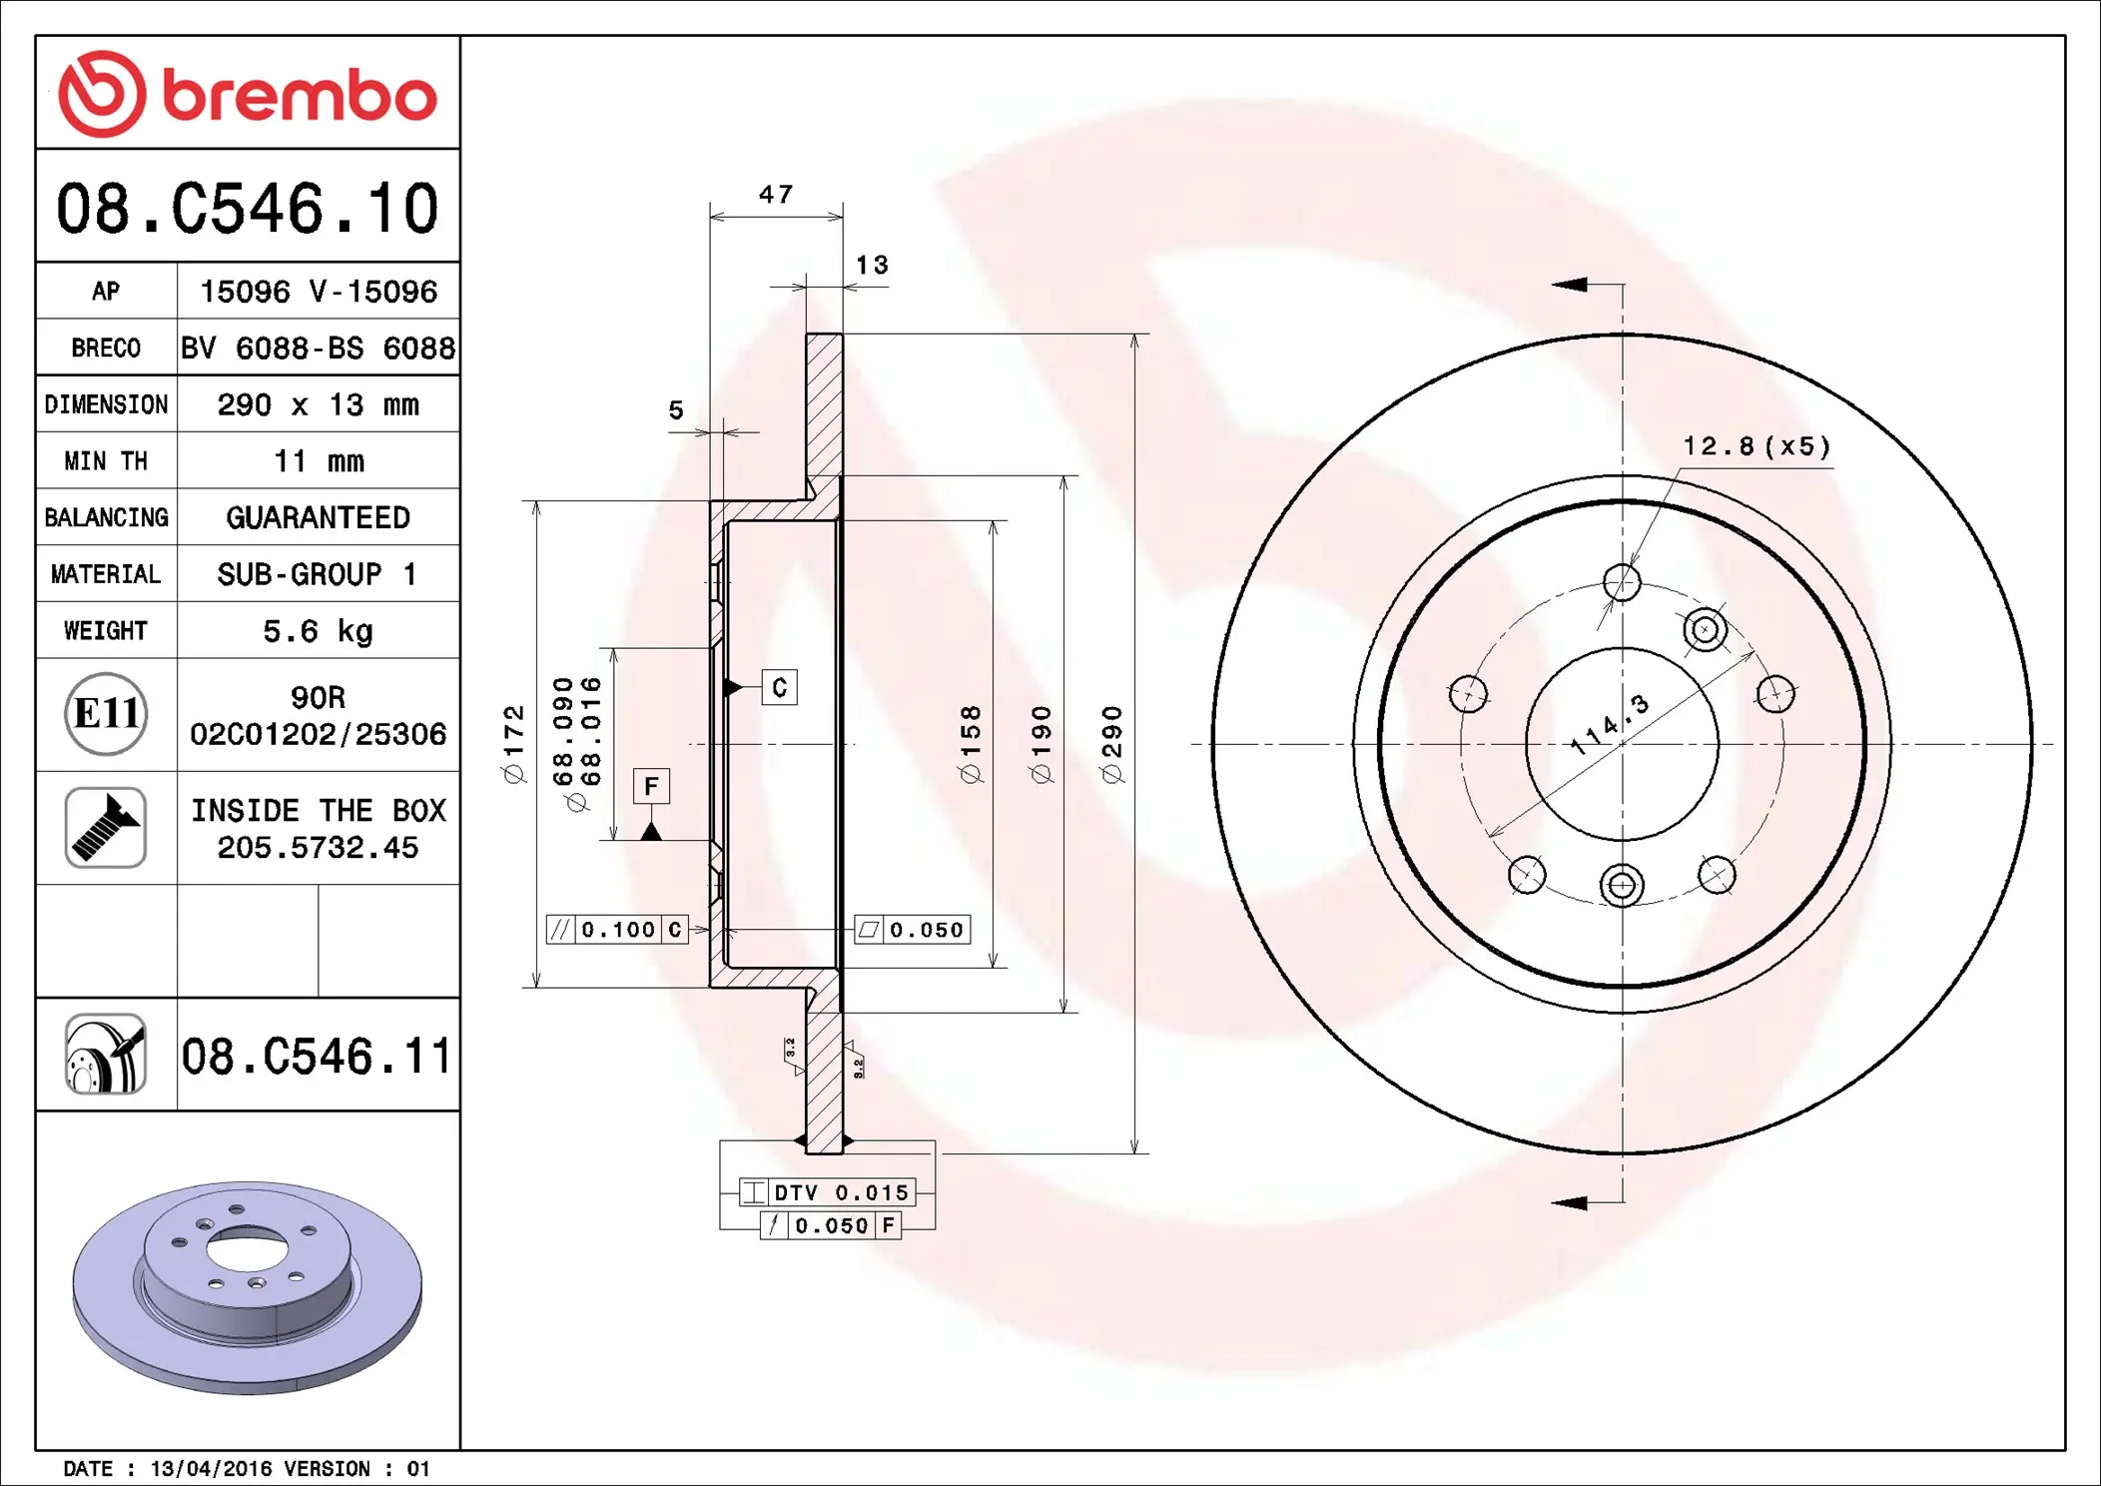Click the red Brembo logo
[248, 94]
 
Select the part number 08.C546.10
[248, 209]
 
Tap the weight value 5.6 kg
[318, 631]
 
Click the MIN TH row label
[106, 461]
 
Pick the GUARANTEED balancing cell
[318, 517]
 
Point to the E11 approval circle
[106, 714]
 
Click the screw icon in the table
[106, 828]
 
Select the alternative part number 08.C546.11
[317, 1056]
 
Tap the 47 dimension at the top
[776, 194]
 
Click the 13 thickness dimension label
[872, 265]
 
